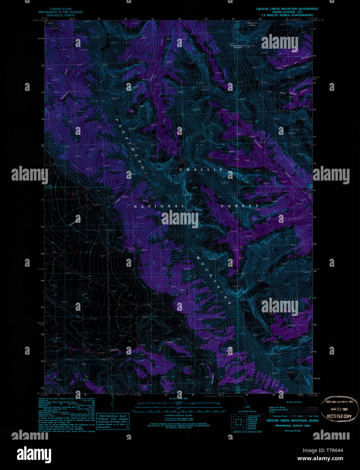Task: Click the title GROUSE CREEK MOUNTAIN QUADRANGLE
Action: coord(287,9)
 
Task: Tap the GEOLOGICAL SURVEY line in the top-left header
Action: coord(61,15)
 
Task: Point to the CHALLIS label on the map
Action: coord(201,169)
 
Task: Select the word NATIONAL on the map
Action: coord(159,206)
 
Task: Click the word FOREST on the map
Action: coord(240,206)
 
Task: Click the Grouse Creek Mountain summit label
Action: coord(237,47)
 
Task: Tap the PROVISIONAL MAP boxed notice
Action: coord(113,421)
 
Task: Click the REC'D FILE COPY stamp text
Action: coord(339,416)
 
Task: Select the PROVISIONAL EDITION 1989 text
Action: coord(292,426)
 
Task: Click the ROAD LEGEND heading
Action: coord(294,402)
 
